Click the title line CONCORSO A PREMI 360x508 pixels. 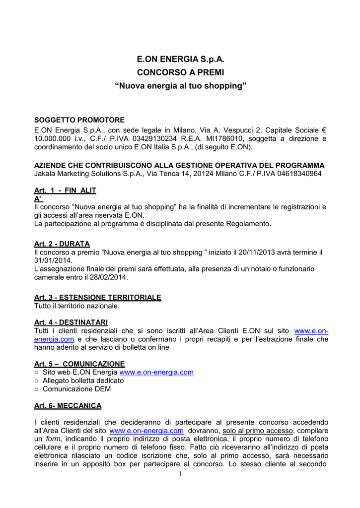(x=181, y=72)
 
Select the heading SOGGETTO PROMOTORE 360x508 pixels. (x=79, y=120)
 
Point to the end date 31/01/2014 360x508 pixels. (x=53, y=260)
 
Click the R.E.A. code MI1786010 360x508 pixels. (x=223, y=138)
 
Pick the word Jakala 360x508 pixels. (x=46, y=174)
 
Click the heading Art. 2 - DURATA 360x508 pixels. (x=62, y=244)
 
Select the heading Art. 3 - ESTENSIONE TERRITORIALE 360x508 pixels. (x=97, y=297)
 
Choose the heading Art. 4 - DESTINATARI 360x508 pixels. (x=71, y=322)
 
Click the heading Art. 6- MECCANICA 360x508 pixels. (x=68, y=406)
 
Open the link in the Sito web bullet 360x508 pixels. (x=156, y=372)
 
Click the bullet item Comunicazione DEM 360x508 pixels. (x=76, y=389)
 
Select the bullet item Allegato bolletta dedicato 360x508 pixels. (x=83, y=381)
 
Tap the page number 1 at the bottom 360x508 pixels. (x=180, y=475)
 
